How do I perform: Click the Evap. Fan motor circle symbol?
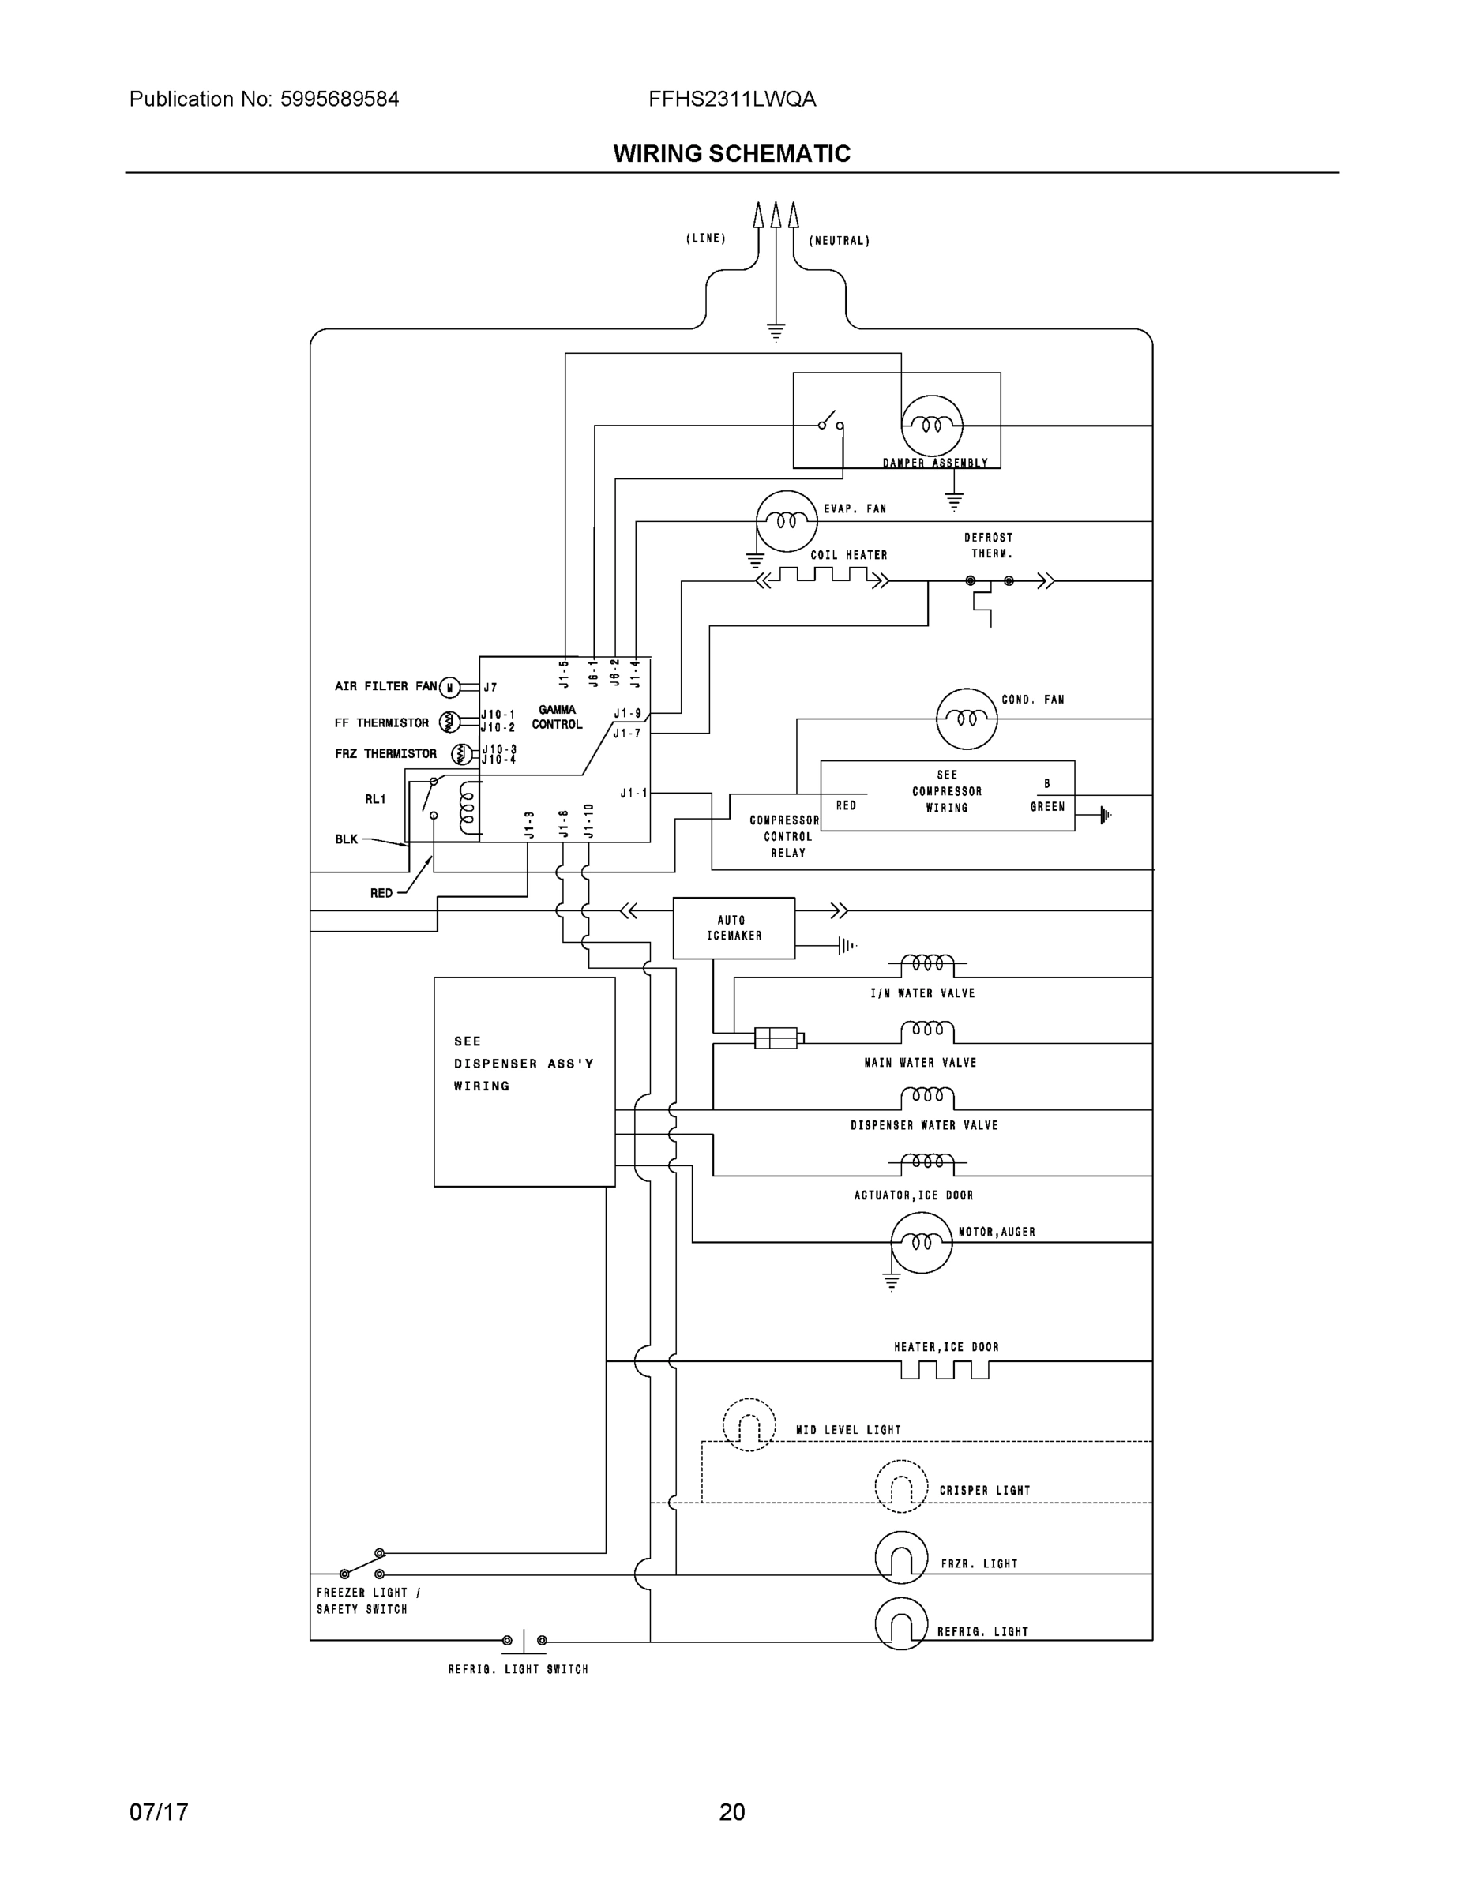pyautogui.click(x=787, y=520)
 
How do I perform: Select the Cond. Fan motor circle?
pyautogui.click(x=966, y=719)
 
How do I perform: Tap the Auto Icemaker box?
pyautogui.click(x=734, y=928)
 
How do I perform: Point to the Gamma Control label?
pyautogui.click(x=556, y=717)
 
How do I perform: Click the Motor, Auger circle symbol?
pyautogui.click(x=921, y=1243)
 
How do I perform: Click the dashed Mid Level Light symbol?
pyautogui.click(x=748, y=1424)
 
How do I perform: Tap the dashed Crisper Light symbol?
pyautogui.click(x=901, y=1486)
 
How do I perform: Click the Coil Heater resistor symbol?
pyautogui.click(x=823, y=576)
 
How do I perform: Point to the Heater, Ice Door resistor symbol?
pyautogui.click(x=945, y=1368)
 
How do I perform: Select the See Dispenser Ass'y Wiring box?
pyautogui.click(x=524, y=1081)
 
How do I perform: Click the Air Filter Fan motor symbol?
pyautogui.click(x=449, y=688)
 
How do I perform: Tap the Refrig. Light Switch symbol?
pyautogui.click(x=524, y=1640)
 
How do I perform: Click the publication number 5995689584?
pyautogui.click(x=340, y=99)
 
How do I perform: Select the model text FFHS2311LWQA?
pyautogui.click(x=731, y=99)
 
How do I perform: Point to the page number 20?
pyautogui.click(x=731, y=1812)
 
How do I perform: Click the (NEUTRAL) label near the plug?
pyautogui.click(x=839, y=240)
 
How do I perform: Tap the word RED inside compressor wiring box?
pyautogui.click(x=846, y=805)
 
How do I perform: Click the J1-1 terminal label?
pyautogui.click(x=633, y=793)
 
